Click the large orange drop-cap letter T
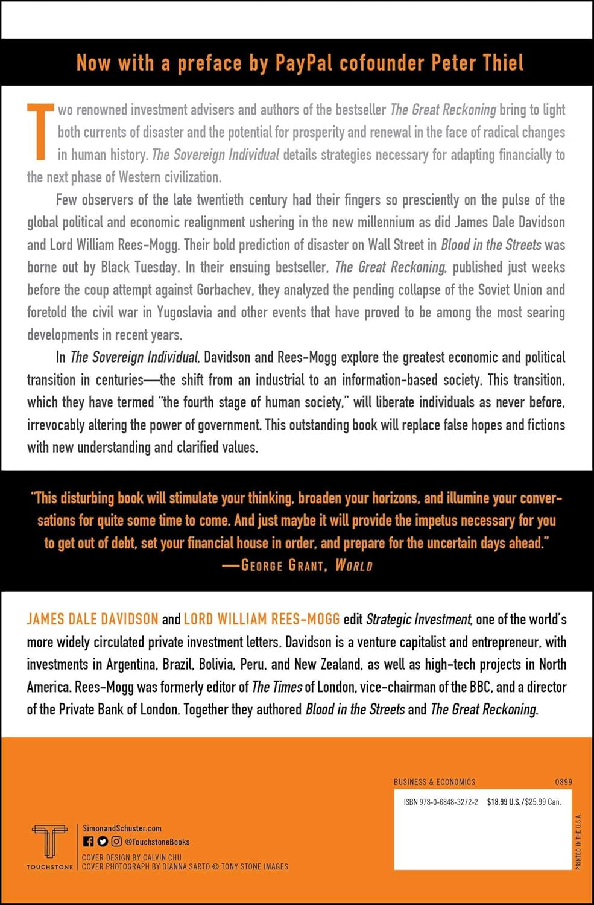(39, 132)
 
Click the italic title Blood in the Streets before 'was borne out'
(491, 244)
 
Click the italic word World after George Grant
(354, 565)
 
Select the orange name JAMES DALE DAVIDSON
(92, 619)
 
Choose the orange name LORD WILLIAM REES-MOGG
(262, 619)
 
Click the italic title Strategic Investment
(419, 619)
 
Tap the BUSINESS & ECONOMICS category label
(434, 782)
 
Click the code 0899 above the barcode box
(563, 782)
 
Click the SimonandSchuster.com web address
(122, 828)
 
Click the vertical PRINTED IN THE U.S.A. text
(578, 841)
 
